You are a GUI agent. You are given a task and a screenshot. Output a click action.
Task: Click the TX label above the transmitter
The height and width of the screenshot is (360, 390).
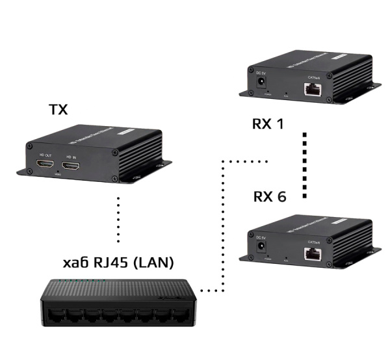[x=58, y=109]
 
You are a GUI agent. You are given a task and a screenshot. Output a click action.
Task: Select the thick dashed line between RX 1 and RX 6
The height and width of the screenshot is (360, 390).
[x=304, y=166]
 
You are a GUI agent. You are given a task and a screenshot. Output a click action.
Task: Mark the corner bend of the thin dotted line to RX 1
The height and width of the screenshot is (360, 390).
[x=223, y=160]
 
